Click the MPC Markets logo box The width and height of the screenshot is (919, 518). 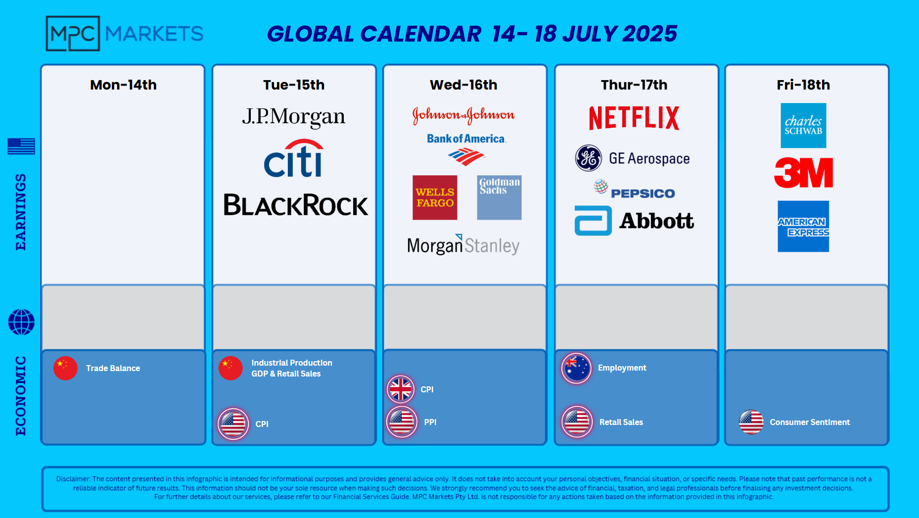click(73, 34)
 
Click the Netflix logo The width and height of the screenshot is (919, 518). click(634, 118)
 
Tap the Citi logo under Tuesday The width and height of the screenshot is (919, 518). click(294, 158)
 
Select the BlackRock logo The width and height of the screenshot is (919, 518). click(296, 205)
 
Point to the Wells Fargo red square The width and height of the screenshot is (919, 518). click(435, 197)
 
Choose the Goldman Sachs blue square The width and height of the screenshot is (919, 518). click(499, 197)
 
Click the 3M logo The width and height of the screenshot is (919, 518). click(804, 173)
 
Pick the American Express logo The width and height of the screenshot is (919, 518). click(803, 226)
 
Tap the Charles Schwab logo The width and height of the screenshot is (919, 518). click(803, 125)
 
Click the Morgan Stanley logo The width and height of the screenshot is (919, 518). click(463, 245)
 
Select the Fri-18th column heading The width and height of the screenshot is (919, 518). click(803, 85)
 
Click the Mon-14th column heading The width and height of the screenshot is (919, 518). click(123, 85)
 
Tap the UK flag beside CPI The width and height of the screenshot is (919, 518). click(401, 389)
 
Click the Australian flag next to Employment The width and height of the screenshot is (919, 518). click(576, 368)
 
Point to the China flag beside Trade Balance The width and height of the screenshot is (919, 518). click(65, 368)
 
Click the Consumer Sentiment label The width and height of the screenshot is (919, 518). click(810, 422)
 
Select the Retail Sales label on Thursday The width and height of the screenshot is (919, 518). click(621, 422)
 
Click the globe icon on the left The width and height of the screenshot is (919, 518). click(21, 322)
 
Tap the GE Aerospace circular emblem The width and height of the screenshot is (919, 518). click(589, 158)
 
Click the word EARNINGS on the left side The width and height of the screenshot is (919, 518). click(20, 212)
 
